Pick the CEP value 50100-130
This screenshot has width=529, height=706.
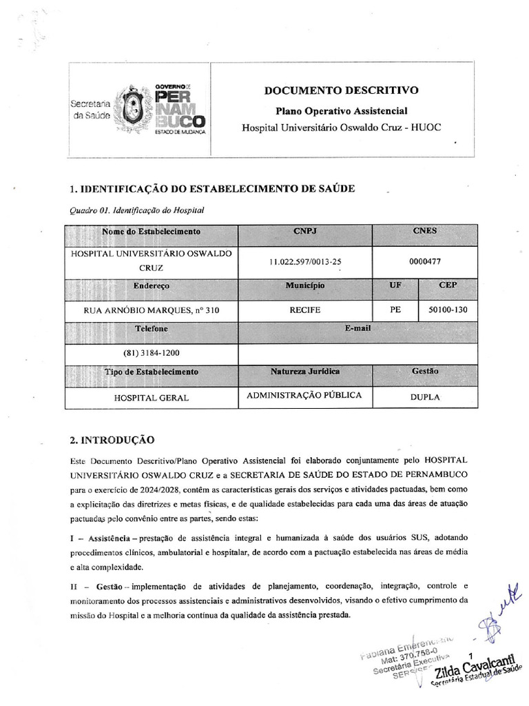tap(448, 310)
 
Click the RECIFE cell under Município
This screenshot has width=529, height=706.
tap(305, 310)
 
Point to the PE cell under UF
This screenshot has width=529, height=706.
tap(395, 310)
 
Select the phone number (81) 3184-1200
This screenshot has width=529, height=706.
tap(151, 353)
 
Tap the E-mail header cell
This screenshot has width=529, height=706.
tap(357, 329)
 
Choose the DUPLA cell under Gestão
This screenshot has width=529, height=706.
tap(425, 397)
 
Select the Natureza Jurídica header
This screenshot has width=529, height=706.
tap(305, 372)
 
